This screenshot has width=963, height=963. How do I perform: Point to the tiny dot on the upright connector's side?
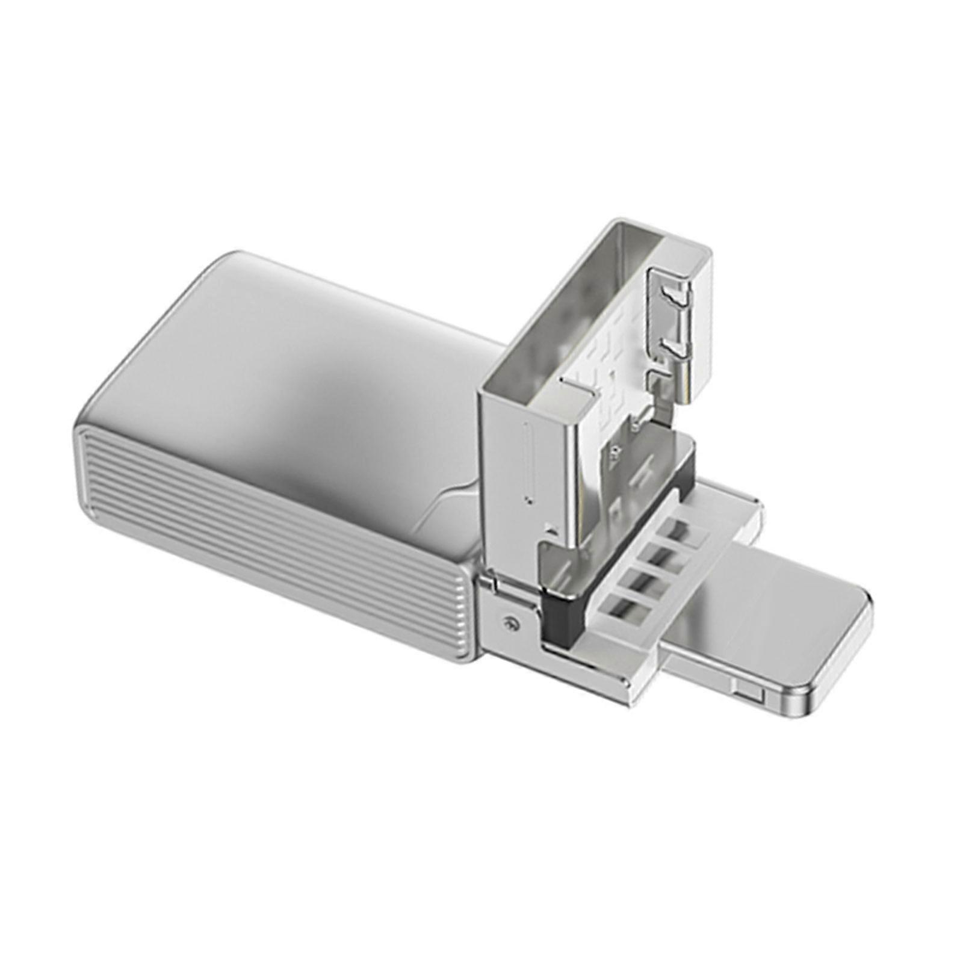click(528, 499)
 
